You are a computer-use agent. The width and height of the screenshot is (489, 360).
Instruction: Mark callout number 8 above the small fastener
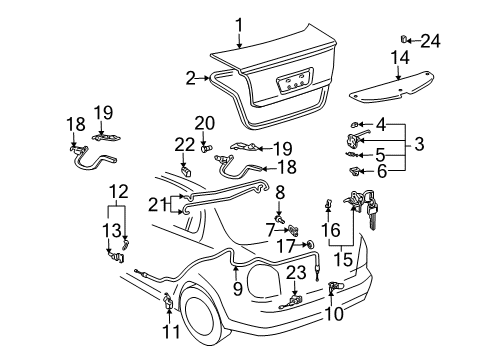(x=281, y=190)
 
